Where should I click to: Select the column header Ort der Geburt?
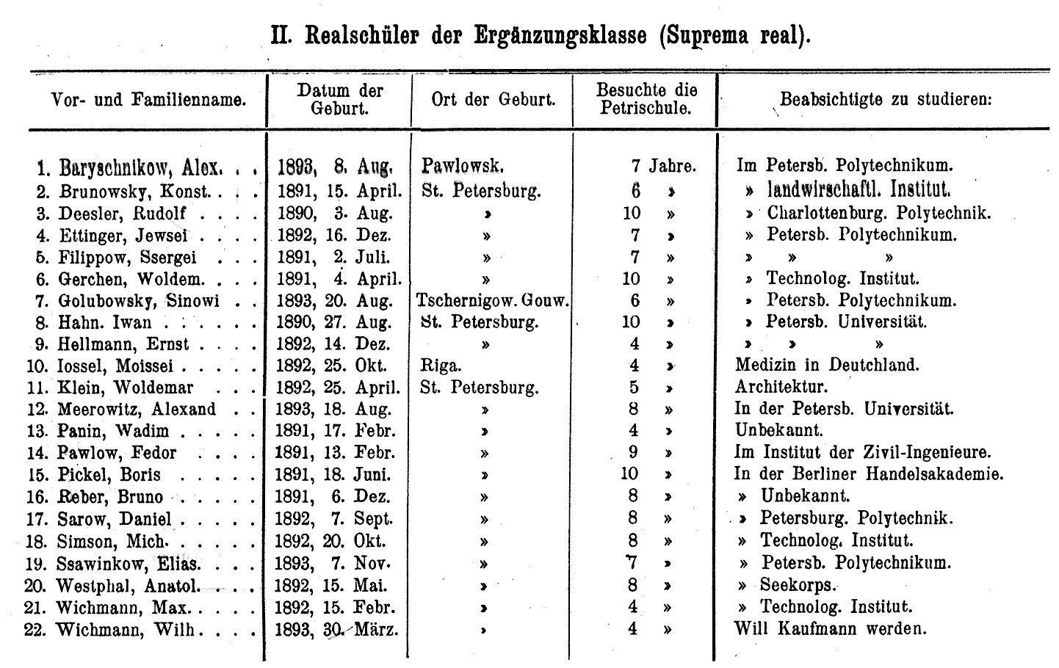493,100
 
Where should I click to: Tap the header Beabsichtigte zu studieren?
886,99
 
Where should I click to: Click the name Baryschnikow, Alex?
139,168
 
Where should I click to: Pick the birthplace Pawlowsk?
463,167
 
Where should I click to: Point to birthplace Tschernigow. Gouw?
493,300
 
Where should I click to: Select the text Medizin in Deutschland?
827,365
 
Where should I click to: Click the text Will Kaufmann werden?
831,628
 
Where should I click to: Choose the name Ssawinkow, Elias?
129,564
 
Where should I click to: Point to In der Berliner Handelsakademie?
869,474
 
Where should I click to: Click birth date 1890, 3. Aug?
335,214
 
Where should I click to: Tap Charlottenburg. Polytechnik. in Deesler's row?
879,214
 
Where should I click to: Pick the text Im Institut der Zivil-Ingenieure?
862,452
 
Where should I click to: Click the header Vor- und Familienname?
148,100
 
